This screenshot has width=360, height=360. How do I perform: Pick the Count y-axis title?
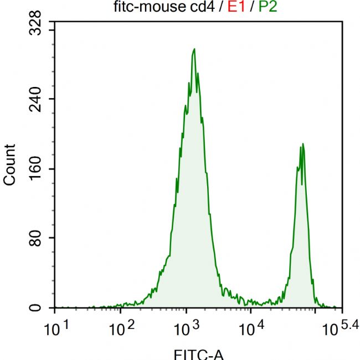click(x=10, y=164)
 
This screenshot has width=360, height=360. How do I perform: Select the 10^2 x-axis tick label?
click(x=122, y=329)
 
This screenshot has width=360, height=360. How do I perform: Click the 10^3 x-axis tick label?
click(x=187, y=329)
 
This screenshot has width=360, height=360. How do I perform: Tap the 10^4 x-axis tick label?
click(x=251, y=329)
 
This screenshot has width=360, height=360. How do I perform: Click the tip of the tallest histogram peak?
click(x=194, y=49)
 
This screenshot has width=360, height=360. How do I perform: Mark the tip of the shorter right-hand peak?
click(x=302, y=144)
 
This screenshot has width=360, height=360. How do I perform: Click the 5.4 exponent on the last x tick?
click(x=349, y=325)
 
